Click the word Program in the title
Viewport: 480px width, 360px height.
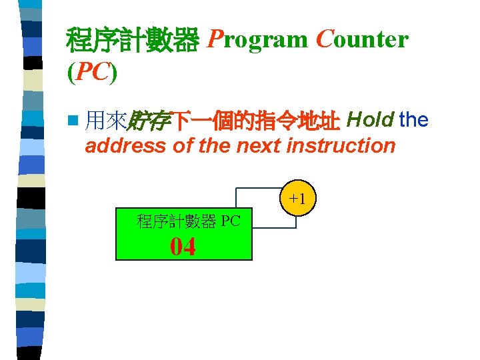[x=257, y=40]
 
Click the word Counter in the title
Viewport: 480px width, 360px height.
[x=362, y=40]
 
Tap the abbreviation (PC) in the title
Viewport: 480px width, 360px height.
[x=92, y=72]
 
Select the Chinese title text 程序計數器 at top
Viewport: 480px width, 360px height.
[x=133, y=41]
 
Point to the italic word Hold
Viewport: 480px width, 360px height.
[x=371, y=120]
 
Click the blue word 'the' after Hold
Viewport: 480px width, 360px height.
[x=414, y=120]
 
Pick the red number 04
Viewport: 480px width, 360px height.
[x=183, y=247]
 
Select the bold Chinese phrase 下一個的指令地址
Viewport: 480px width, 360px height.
[x=256, y=121]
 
